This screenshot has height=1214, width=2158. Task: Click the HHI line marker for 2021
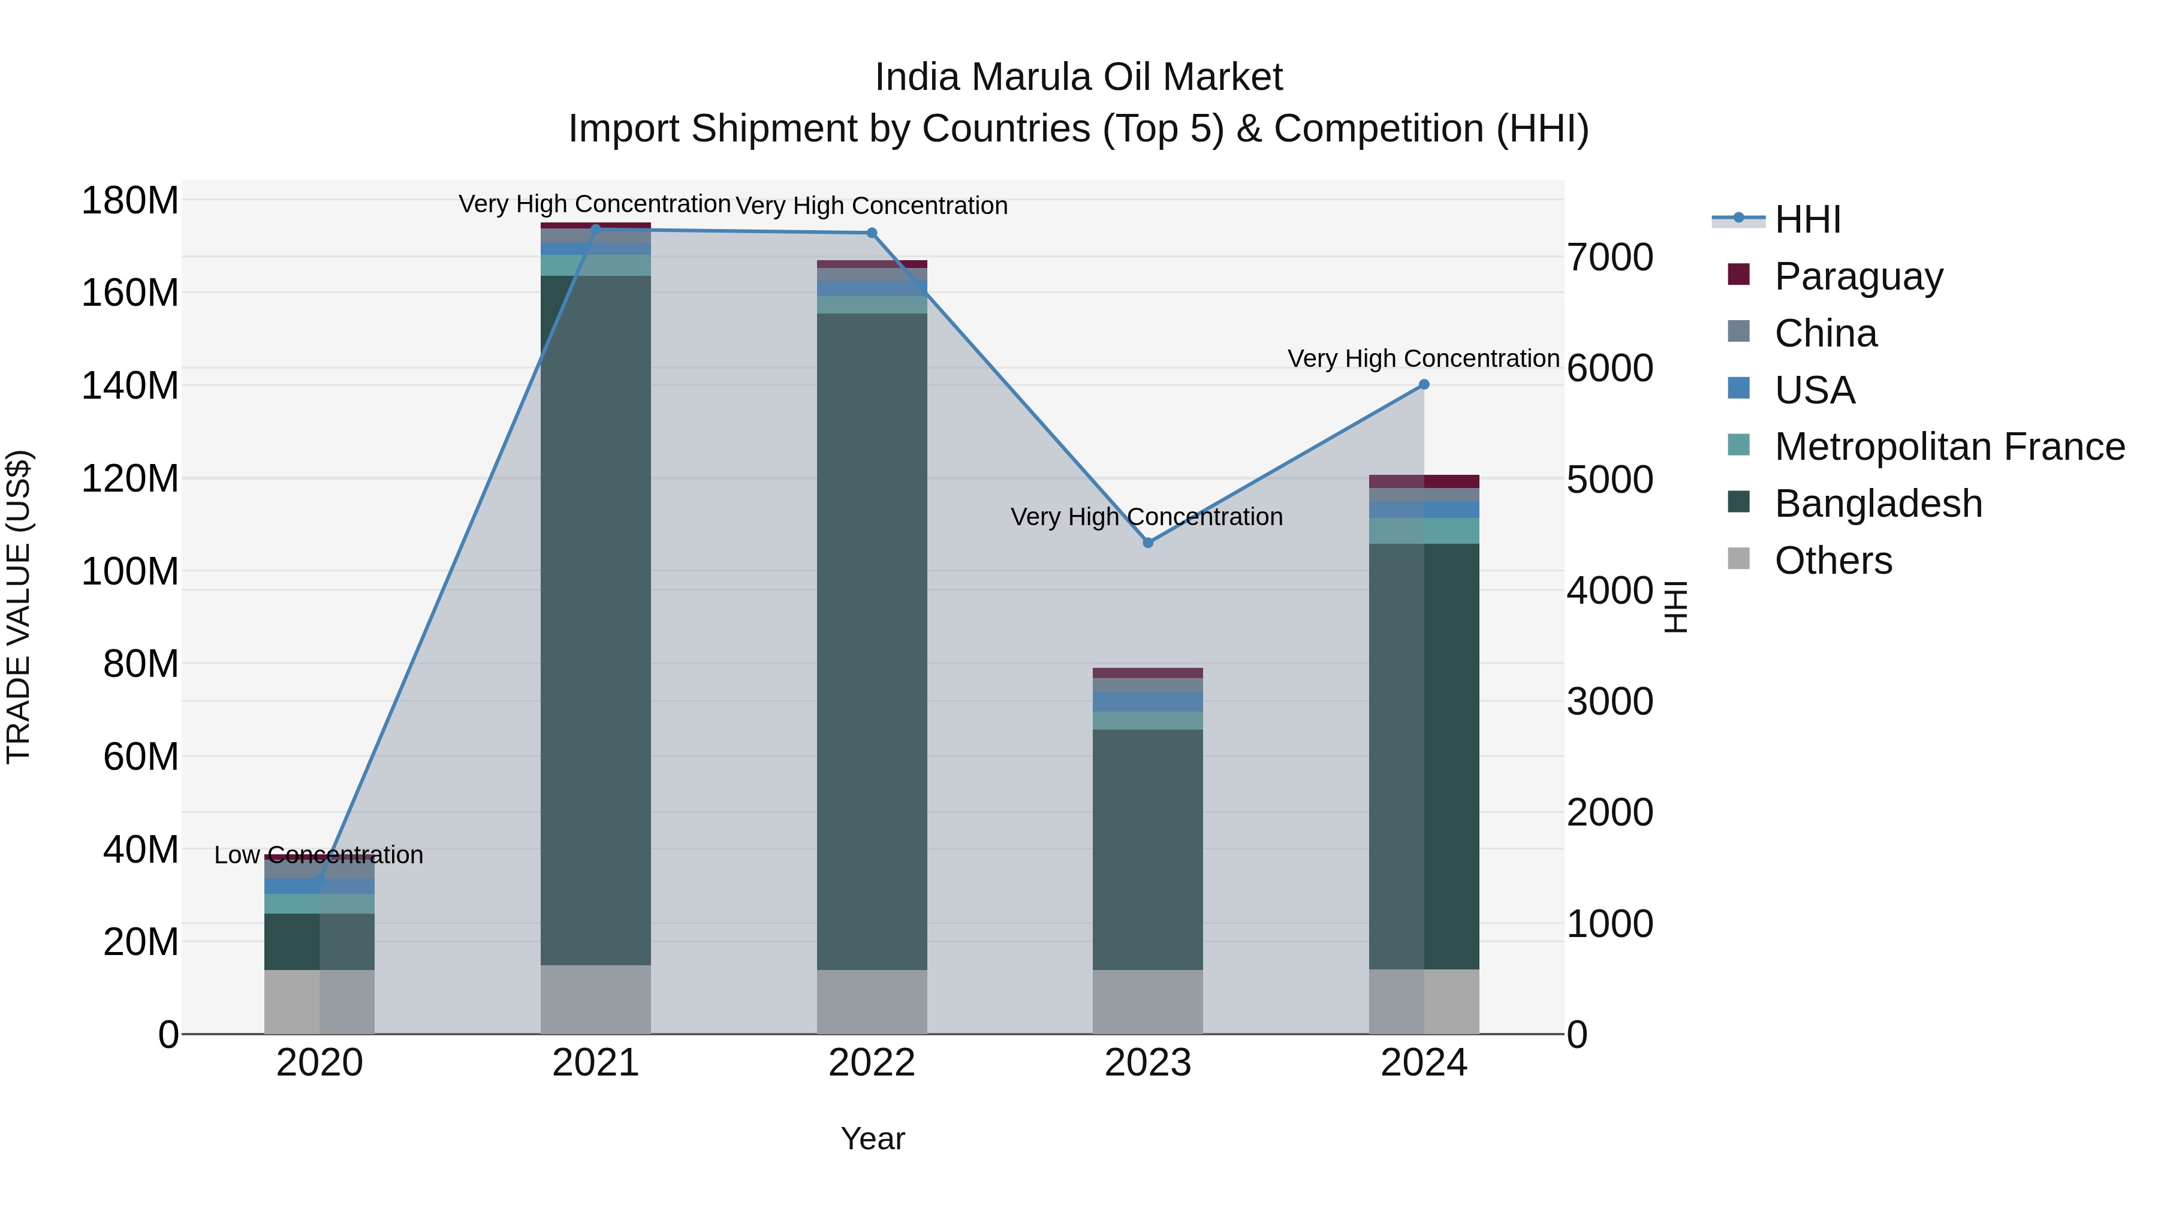(x=596, y=229)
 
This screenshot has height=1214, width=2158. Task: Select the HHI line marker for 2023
(x=1148, y=543)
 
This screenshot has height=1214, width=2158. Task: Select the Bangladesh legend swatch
(x=1738, y=503)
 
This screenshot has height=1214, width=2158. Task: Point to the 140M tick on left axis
(x=130, y=386)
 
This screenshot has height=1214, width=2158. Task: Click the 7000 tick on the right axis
(x=1610, y=258)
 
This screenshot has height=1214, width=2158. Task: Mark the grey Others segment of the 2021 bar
(x=596, y=999)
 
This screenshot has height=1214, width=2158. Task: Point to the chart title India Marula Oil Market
(x=1078, y=77)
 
